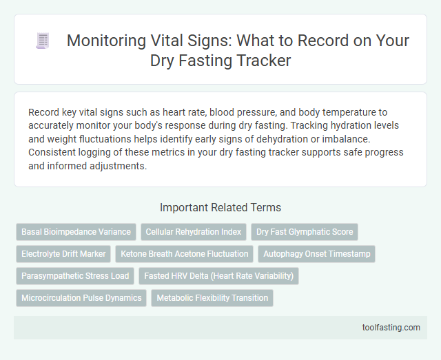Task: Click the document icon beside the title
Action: [x=43, y=41]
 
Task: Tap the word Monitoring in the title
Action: [x=108, y=41]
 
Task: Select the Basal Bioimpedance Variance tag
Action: [x=76, y=232]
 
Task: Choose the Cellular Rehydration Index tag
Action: [x=194, y=232]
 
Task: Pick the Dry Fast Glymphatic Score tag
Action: [x=305, y=232]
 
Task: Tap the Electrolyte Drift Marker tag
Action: [x=63, y=254]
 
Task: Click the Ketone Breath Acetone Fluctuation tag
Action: [x=185, y=254]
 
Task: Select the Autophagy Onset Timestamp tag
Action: [x=317, y=254]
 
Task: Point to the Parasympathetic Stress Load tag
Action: [x=75, y=276]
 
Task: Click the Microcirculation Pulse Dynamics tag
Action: [x=81, y=298]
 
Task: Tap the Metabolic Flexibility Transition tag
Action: [x=212, y=298]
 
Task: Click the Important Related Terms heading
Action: [x=220, y=207]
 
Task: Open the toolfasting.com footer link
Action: [x=391, y=327]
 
